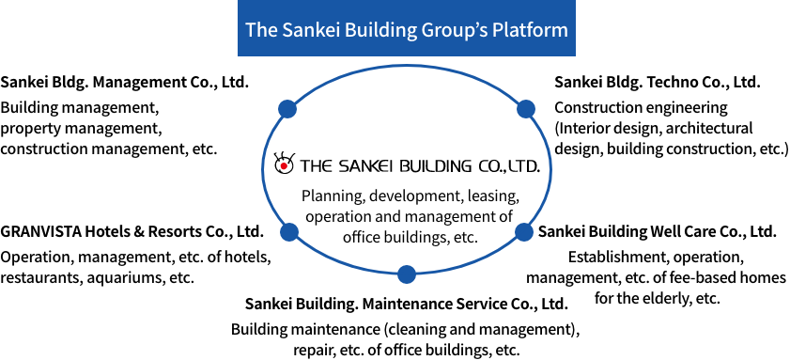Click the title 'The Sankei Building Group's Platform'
tap(407, 29)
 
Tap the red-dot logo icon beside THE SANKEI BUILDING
tap(283, 164)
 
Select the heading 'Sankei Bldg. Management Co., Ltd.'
tap(125, 82)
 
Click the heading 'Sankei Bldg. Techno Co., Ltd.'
tap(657, 82)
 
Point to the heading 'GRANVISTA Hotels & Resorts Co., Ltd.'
tap(132, 232)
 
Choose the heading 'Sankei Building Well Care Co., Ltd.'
tap(657, 231)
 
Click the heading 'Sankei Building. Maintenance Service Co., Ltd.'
tap(407, 304)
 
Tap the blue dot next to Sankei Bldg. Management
tap(287, 108)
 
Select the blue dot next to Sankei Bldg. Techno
tap(525, 108)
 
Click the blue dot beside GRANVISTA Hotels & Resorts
tap(288, 232)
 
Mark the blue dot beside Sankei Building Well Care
tap(523, 232)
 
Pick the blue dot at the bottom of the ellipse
tap(407, 274)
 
